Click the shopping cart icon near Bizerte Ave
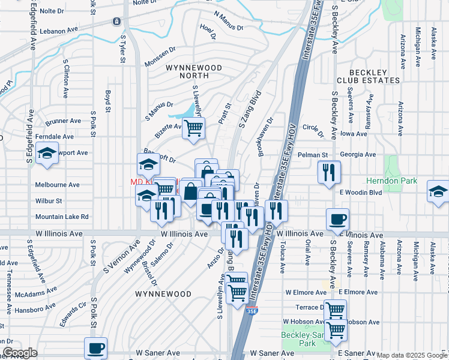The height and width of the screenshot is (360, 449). (193, 127)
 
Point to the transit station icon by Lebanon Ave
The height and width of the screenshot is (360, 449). (116, 22)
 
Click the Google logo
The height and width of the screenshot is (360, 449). (20, 353)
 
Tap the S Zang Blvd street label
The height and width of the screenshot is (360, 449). (250, 109)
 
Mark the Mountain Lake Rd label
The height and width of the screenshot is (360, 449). (62, 217)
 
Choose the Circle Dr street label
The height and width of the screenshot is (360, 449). (313, 127)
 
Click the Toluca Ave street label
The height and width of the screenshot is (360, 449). (282, 253)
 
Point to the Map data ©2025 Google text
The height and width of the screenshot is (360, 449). (412, 356)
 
